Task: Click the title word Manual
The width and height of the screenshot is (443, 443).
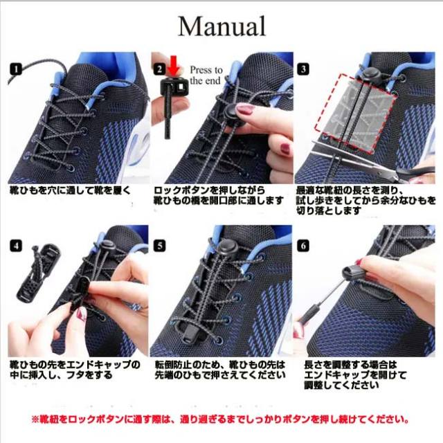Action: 221,26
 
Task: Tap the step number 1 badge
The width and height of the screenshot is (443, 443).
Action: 16,69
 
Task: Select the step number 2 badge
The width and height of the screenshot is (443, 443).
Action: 159,69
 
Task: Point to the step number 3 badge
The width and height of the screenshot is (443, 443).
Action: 303,69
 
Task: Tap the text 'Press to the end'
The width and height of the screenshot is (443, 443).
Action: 206,75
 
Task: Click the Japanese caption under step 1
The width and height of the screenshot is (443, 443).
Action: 69,189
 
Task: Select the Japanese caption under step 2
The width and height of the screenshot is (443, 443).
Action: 219,195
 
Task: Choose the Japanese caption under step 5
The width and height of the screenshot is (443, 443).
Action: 219,370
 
